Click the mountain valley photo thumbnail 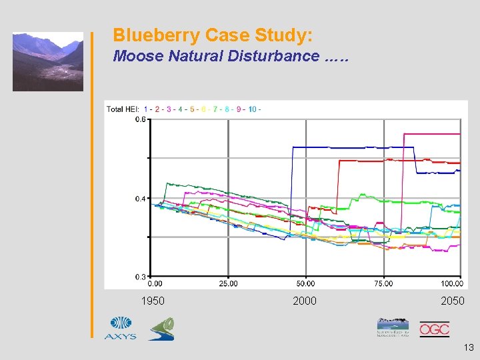click(x=48, y=61)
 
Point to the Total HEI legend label click(x=123, y=109)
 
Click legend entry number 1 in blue click(x=146, y=109)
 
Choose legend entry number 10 click(x=252, y=109)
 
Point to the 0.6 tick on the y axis click(x=141, y=119)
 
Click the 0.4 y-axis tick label click(x=141, y=199)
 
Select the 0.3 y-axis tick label click(x=141, y=276)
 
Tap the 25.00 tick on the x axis click(x=228, y=283)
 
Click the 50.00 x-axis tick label click(x=305, y=283)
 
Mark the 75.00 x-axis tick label click(x=383, y=283)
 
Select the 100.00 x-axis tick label click(x=451, y=283)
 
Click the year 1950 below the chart click(x=153, y=301)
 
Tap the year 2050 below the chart click(x=453, y=301)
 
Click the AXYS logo click(x=121, y=327)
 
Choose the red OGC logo click(x=434, y=329)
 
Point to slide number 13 click(x=467, y=347)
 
